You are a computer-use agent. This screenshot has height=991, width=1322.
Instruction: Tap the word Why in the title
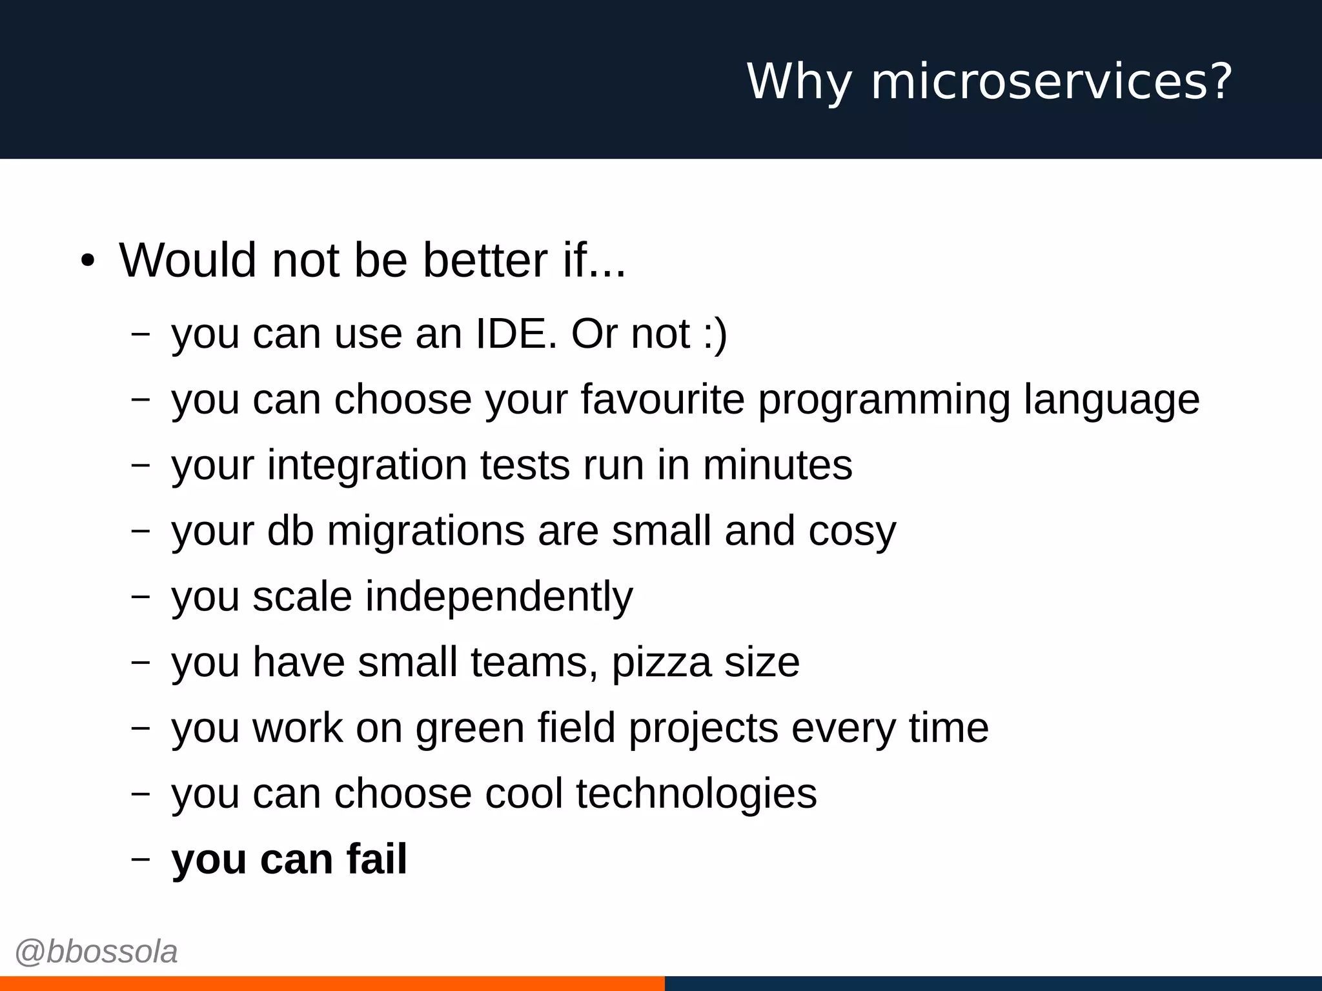tap(799, 82)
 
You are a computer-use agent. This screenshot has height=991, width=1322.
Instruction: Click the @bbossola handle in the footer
tap(96, 952)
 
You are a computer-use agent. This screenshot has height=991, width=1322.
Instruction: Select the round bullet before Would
tap(88, 261)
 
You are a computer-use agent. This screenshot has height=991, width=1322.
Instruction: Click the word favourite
tap(663, 399)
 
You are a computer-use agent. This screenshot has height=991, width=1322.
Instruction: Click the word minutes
tap(777, 465)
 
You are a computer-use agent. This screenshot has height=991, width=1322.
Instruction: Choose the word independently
tap(499, 597)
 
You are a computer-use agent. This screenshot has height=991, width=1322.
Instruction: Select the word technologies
tap(696, 794)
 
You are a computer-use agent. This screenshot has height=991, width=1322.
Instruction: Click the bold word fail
tap(376, 859)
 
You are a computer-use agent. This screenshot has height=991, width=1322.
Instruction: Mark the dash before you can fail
tap(140, 859)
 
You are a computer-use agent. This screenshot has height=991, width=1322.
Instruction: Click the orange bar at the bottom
tap(332, 983)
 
